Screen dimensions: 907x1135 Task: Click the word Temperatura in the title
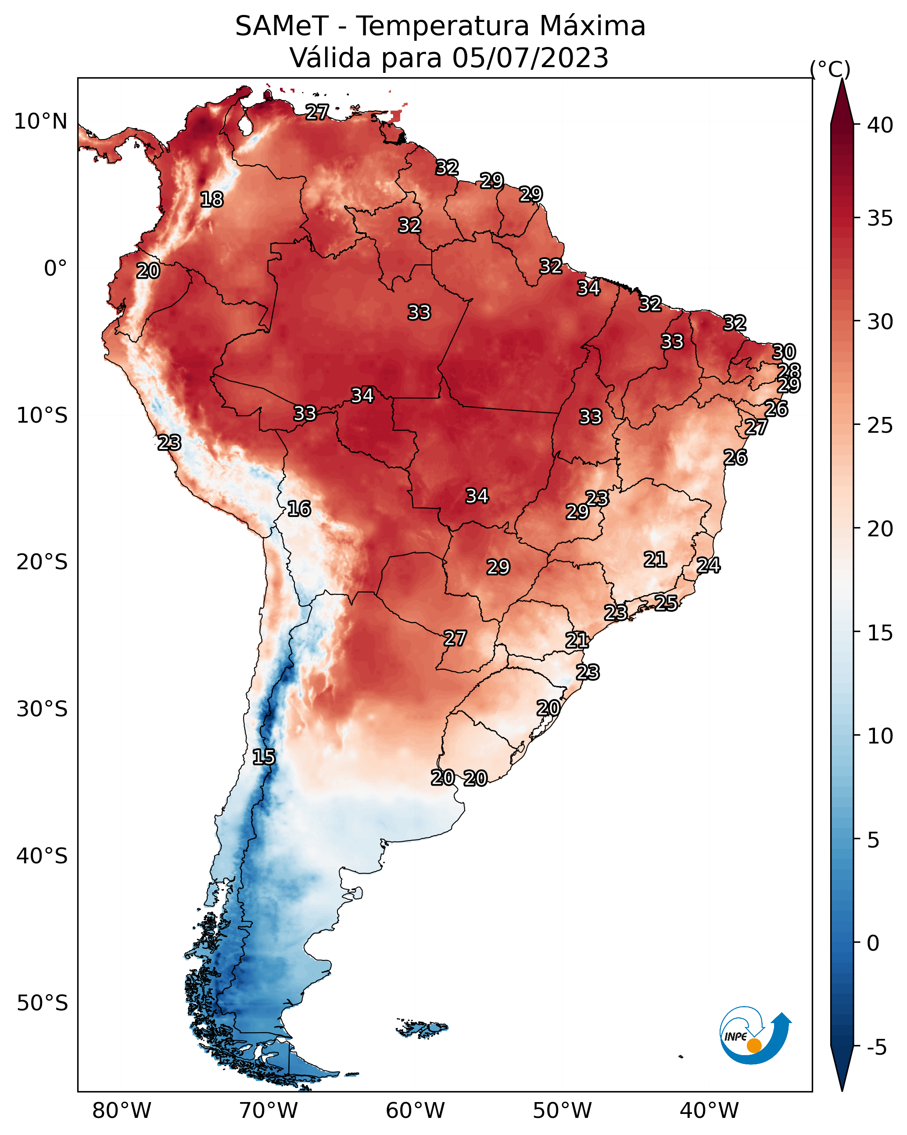click(x=442, y=26)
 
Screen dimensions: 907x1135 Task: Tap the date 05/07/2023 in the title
click(x=530, y=58)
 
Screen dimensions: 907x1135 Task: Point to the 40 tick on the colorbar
click(x=880, y=125)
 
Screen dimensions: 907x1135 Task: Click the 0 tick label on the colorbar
click(x=873, y=944)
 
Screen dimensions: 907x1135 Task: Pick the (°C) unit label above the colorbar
click(x=830, y=69)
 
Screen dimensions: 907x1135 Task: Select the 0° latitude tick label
click(x=56, y=269)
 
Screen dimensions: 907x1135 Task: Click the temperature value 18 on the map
click(x=212, y=200)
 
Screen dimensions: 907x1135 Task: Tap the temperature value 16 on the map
click(x=299, y=509)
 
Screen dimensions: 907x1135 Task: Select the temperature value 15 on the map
click(x=264, y=758)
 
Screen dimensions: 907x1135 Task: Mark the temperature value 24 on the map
click(x=709, y=565)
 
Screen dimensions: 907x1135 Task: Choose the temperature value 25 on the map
click(x=666, y=603)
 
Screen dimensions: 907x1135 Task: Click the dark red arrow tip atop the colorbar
click(x=842, y=80)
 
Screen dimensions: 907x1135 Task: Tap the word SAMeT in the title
click(x=282, y=26)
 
